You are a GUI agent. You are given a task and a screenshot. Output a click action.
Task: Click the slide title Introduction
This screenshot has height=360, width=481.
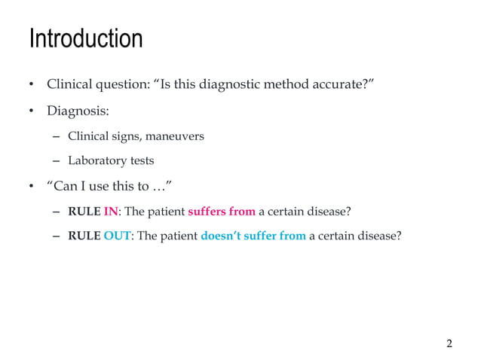[x=85, y=38]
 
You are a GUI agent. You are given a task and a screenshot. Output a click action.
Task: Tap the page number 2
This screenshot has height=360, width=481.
[x=449, y=344]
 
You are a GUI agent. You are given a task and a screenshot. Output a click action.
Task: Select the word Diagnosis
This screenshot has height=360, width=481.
[x=78, y=111]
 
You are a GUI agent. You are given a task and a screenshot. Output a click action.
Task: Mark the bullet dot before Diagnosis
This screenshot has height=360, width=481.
[x=32, y=112]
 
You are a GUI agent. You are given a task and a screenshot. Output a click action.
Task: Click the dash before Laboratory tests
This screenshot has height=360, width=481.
[x=57, y=160]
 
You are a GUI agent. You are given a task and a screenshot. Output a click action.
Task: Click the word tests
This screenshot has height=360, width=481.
[x=142, y=160]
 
